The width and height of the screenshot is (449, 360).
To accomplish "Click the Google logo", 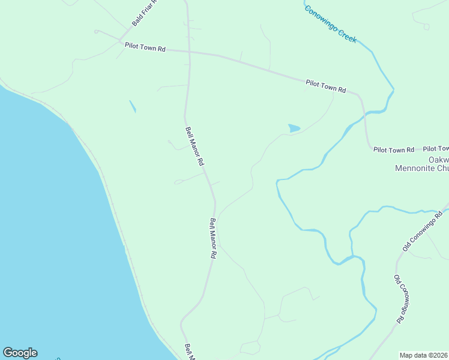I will pyautogui.click(x=20, y=353).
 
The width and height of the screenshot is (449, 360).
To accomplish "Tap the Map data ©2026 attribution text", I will pyautogui.click(x=424, y=355).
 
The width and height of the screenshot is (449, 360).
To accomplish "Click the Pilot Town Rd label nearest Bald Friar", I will pyautogui.click(x=145, y=47).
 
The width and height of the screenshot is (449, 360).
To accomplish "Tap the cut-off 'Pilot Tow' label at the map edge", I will pyautogui.click(x=436, y=149).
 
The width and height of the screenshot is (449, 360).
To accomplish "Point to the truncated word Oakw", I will pyautogui.click(x=439, y=160).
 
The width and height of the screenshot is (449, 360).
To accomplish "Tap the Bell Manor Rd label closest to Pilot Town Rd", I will pyautogui.click(x=195, y=146).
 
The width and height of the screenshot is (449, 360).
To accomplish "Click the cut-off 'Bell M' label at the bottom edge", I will pyautogui.click(x=190, y=352).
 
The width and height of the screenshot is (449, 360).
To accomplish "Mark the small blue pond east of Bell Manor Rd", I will pyautogui.click(x=294, y=128).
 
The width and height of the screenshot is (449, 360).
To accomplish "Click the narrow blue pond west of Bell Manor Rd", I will pyautogui.click(x=132, y=106).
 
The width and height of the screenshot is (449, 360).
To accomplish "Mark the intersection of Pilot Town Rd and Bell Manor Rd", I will pyautogui.click(x=188, y=52).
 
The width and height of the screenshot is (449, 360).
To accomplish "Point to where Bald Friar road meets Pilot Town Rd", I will pyautogui.click(x=120, y=42).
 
